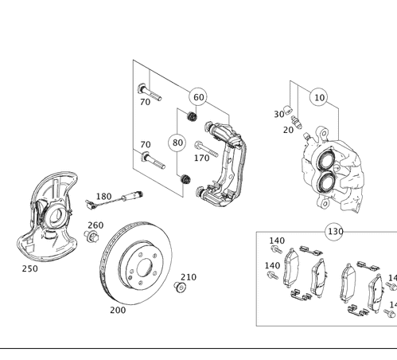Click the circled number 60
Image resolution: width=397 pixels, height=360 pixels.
[198, 97]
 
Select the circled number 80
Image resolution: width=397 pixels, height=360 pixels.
[177, 143]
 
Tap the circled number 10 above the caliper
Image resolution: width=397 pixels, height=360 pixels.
[318, 97]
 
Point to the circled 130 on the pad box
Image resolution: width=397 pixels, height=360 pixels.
[335, 232]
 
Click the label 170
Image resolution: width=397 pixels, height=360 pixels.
[202, 158]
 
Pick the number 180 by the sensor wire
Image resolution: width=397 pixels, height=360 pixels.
[103, 196]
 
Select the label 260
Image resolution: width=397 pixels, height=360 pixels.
[95, 225]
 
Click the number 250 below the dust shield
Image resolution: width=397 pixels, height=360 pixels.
[29, 269]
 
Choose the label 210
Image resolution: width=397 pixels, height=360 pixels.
[189, 277]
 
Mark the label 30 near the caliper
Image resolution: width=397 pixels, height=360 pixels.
[279, 114]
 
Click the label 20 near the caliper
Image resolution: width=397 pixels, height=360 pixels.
[288, 128]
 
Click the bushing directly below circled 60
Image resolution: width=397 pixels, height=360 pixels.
[192, 117]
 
